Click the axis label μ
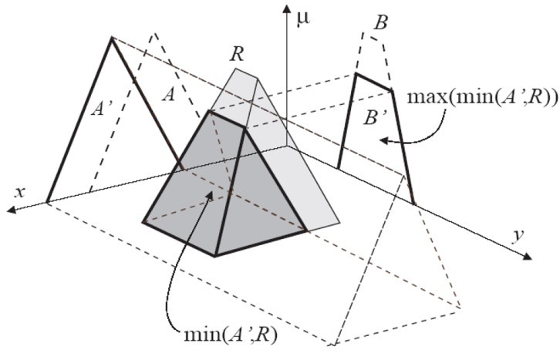click(x=304, y=16)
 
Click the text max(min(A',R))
click(x=494, y=99)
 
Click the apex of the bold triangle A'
click(x=113, y=37)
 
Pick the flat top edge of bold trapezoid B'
click(x=373, y=82)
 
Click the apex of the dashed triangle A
click(x=154, y=33)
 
